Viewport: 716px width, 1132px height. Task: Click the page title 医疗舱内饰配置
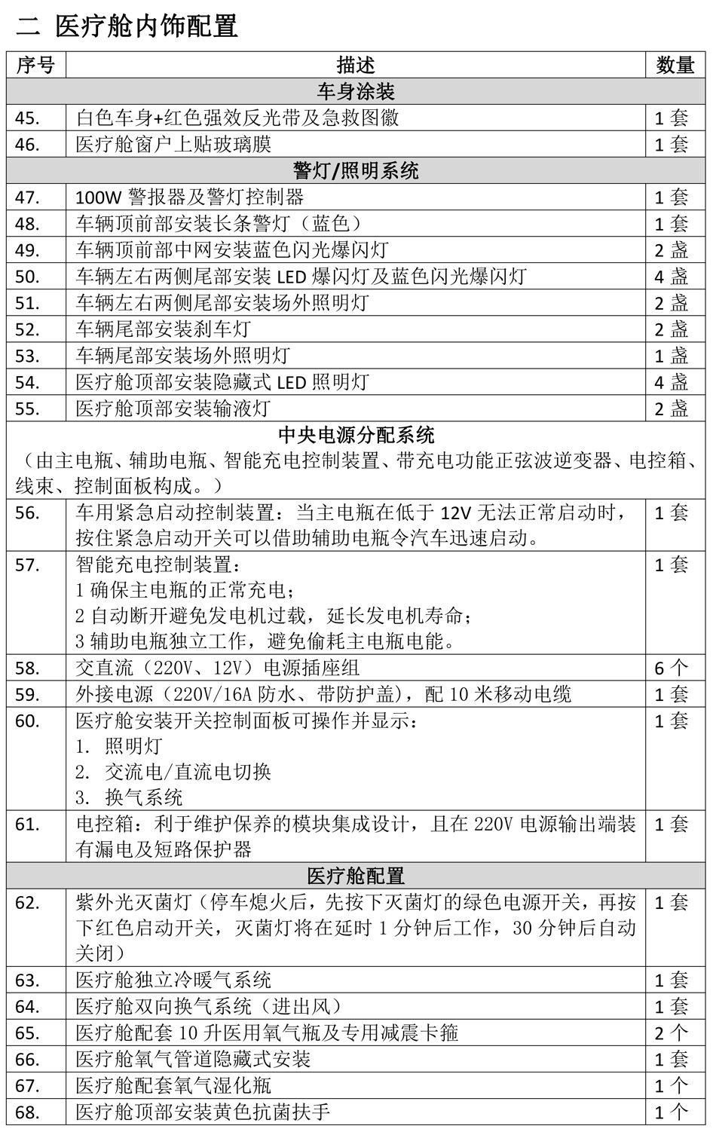146,26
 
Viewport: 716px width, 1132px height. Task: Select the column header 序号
35,65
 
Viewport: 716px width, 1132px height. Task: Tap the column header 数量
675,65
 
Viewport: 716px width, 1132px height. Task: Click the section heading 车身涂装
356,92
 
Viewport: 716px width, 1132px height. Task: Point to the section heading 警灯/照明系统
356,171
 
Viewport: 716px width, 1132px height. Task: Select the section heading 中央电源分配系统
356,435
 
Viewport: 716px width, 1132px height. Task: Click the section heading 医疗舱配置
356,876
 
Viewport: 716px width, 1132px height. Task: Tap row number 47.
28,197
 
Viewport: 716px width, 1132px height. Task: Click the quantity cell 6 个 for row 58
670,668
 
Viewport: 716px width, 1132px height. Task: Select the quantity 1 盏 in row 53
670,356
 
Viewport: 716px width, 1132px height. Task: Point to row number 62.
28,902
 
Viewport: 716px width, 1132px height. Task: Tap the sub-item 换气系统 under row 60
143,797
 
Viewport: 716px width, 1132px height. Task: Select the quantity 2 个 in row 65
670,1033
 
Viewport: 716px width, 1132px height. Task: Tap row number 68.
28,1112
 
